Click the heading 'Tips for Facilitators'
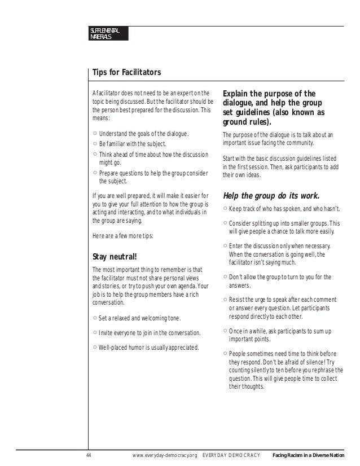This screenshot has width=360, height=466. tap(126, 73)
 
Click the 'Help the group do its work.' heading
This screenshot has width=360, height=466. tap(271, 196)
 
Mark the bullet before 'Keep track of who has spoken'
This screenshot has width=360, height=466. tap(225, 209)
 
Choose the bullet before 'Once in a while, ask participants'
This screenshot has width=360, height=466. tap(225, 331)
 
